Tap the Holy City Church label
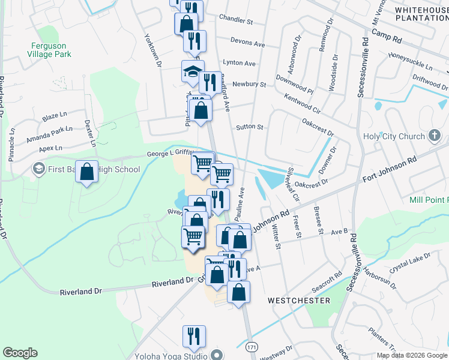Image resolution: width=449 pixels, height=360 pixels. pyautogui.click(x=394, y=136)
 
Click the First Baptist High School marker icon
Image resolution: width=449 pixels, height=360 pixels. pyautogui.click(x=39, y=169)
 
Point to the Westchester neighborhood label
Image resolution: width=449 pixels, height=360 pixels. pyautogui.click(x=299, y=300)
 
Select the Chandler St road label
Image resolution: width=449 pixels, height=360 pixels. pyautogui.click(x=236, y=20)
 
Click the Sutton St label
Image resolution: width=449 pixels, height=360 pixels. pyautogui.click(x=250, y=127)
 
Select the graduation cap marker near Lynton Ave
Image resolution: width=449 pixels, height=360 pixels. pyautogui.click(x=193, y=71)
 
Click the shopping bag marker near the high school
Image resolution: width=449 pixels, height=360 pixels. pyautogui.click(x=87, y=172)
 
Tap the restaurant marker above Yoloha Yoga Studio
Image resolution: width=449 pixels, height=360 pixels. pyautogui.click(x=194, y=336)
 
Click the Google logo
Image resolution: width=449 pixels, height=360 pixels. pyautogui.click(x=20, y=353)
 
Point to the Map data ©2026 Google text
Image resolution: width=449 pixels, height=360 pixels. pyautogui.click(x=412, y=355)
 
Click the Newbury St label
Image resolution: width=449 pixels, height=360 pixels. pyautogui.click(x=249, y=85)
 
